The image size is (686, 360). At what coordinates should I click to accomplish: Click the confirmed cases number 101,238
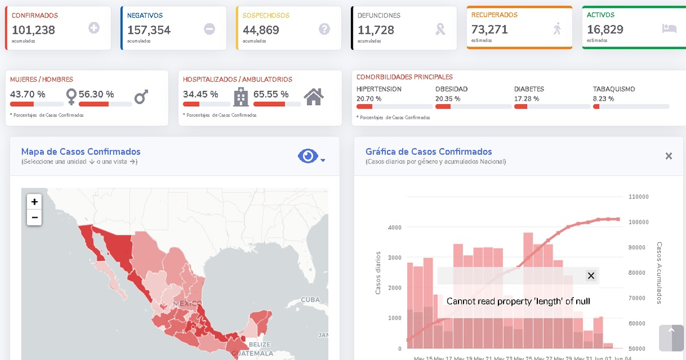pyautogui.click(x=33, y=30)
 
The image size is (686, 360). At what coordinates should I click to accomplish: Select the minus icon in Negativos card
pyautogui.click(x=209, y=29)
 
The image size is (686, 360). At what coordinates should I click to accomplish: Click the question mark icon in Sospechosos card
pyautogui.click(x=325, y=29)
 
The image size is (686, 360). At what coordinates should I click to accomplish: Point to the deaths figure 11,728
pyautogui.click(x=376, y=30)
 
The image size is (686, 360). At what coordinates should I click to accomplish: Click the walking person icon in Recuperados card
pyautogui.click(x=557, y=28)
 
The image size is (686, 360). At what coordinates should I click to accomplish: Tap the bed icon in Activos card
pyautogui.click(x=668, y=27)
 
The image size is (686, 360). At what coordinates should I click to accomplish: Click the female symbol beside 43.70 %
pyautogui.click(x=71, y=96)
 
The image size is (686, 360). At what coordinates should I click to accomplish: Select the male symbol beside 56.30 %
pyautogui.click(x=141, y=97)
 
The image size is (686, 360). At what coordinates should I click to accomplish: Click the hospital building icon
pyautogui.click(x=241, y=97)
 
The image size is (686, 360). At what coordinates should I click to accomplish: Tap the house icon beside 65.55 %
pyautogui.click(x=314, y=97)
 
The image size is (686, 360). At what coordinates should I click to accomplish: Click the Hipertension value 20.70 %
pyautogui.click(x=369, y=99)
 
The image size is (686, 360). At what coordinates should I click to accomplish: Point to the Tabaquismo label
pyautogui.click(x=613, y=89)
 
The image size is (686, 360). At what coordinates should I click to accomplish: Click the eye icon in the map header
pyautogui.click(x=308, y=156)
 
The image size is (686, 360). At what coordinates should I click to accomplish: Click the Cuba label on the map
pyautogui.click(x=310, y=299)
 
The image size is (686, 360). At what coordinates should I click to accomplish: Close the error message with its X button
pyautogui.click(x=591, y=276)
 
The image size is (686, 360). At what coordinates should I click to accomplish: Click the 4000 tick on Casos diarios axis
pyautogui.click(x=394, y=227)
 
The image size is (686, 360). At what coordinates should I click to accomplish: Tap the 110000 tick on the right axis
pyautogui.click(x=638, y=197)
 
